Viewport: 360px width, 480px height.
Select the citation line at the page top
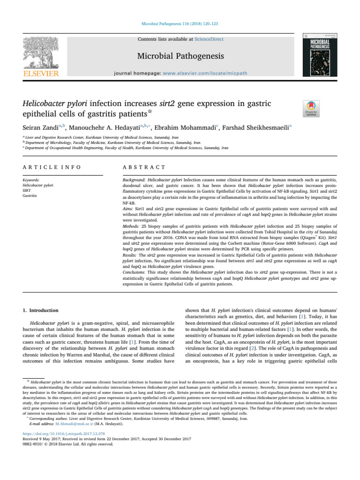(x=180, y=22)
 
